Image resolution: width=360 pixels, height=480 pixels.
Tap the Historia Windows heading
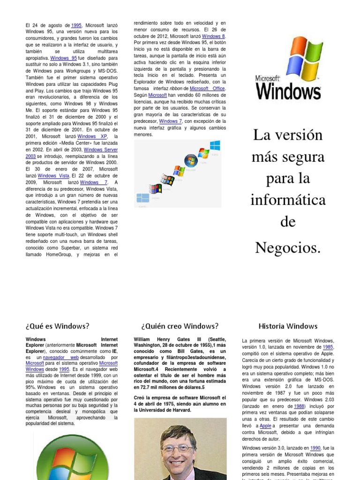[x=288, y=326]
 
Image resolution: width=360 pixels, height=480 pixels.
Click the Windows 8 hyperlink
[x=214, y=36]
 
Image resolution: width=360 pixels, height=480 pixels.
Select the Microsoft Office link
[x=207, y=88]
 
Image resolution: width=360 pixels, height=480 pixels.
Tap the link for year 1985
[x=327, y=347]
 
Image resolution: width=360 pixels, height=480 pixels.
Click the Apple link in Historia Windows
[x=265, y=426]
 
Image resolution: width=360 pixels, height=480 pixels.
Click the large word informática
[x=288, y=200]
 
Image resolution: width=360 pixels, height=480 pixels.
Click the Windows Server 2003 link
[x=70, y=153]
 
